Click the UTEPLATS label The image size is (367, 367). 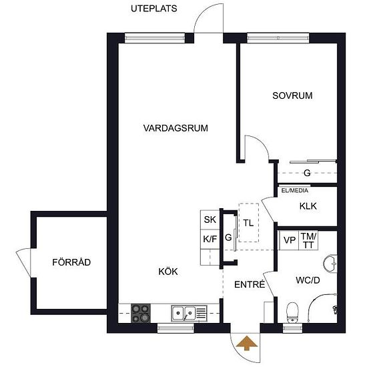(x=153, y=9)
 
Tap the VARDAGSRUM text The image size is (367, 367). (x=175, y=128)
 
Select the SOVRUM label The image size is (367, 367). (x=292, y=95)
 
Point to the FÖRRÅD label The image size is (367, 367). (x=71, y=262)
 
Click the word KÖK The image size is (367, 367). (x=168, y=272)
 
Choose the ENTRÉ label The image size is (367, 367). (x=250, y=284)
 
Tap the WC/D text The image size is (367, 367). (x=308, y=280)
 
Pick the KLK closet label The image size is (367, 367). (x=308, y=206)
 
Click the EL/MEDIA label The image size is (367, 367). (x=295, y=191)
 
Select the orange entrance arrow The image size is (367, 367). (x=247, y=343)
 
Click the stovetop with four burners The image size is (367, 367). (x=141, y=313)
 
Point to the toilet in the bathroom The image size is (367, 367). (x=292, y=312)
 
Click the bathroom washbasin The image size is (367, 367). (x=330, y=264)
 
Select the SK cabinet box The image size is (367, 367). (x=210, y=220)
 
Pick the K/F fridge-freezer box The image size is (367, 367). (x=210, y=239)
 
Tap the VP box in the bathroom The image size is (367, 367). (x=290, y=240)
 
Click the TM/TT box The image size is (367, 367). (x=308, y=240)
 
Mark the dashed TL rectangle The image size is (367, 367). (x=249, y=223)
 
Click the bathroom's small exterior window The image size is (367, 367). (x=292, y=328)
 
